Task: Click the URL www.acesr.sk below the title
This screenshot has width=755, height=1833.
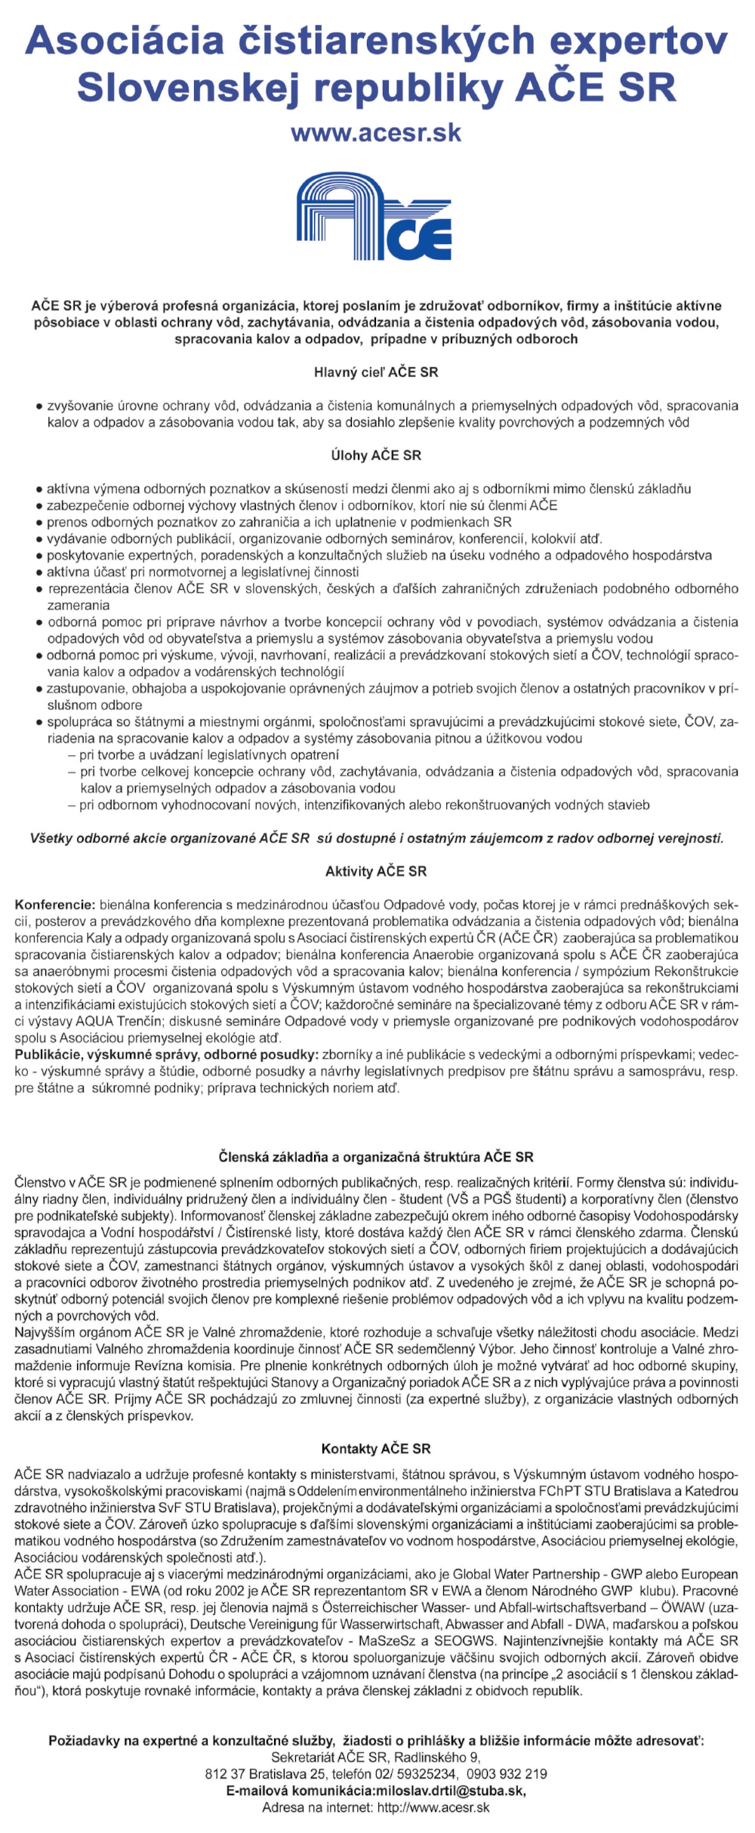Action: click(x=376, y=133)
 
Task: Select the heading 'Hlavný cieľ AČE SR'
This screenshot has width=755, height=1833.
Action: click(x=376, y=372)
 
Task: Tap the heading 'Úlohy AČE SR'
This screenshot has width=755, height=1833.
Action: click(x=376, y=455)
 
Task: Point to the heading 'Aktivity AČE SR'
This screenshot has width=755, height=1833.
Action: click(x=376, y=872)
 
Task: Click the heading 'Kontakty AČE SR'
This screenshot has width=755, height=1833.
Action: click(x=376, y=1449)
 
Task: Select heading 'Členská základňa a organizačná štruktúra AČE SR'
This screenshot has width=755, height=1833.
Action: click(x=376, y=1157)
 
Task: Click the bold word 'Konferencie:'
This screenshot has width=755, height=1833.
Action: click(x=55, y=905)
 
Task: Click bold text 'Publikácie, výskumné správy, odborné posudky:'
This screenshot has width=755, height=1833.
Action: click(x=166, y=1055)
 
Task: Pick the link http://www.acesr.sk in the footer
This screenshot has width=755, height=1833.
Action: click(x=433, y=1807)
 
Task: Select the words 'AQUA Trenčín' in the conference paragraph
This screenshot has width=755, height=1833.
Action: click(x=116, y=1021)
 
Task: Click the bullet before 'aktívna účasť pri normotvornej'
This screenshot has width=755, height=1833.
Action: click(x=39, y=572)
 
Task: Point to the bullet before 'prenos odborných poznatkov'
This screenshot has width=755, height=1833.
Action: click(x=39, y=523)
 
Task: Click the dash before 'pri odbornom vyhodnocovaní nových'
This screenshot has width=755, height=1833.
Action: click(x=71, y=805)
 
